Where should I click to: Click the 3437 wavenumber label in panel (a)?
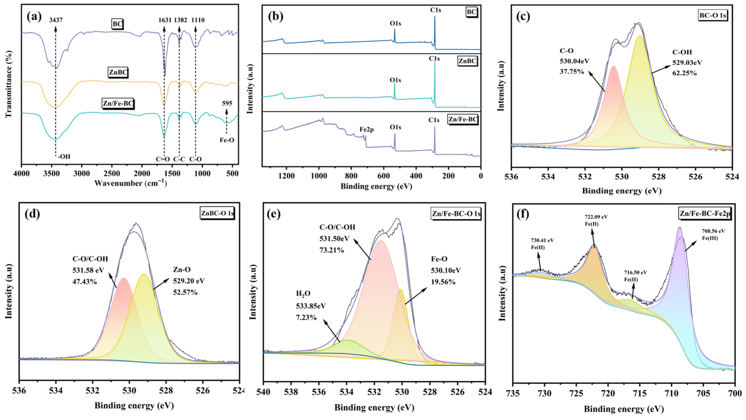click(x=56, y=20)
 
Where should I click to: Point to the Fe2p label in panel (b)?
click(x=367, y=129)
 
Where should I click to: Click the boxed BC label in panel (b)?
click(x=472, y=12)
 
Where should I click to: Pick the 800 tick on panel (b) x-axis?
click(x=351, y=176)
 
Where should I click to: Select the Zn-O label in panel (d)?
click(x=182, y=270)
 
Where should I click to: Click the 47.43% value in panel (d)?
click(x=85, y=281)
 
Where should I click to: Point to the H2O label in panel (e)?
click(x=303, y=294)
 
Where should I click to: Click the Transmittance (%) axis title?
click(x=9, y=84)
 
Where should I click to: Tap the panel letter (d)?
click(x=32, y=214)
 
